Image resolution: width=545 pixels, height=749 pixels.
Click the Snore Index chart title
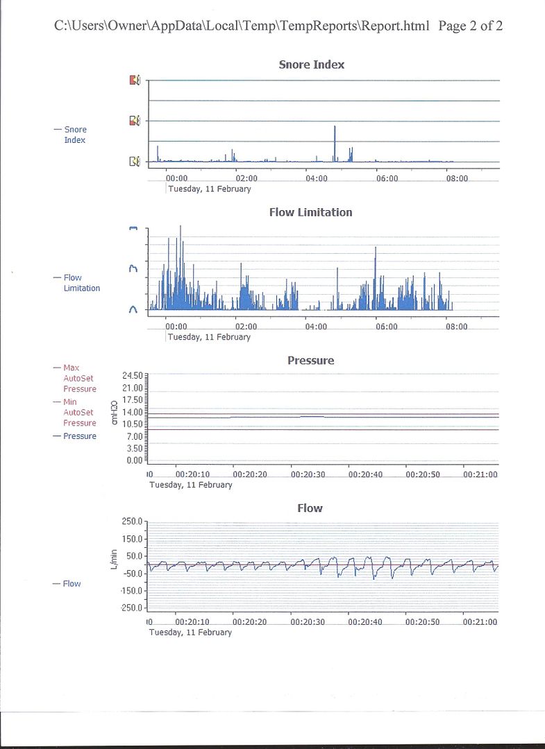coord(311,64)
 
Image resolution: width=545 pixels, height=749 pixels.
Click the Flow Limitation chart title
coord(310,212)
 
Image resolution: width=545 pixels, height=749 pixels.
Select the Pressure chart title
coord(310,361)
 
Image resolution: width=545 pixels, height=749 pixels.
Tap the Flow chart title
coord(310,508)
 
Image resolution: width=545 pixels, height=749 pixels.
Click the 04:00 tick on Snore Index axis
coord(317,178)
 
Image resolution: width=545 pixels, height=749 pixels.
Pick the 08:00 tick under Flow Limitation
coord(455,327)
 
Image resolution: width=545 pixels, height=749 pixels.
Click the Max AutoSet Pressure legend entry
coord(80,378)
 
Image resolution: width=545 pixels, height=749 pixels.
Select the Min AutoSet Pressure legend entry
coord(80,412)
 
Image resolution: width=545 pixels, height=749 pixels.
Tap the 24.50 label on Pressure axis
coord(132,375)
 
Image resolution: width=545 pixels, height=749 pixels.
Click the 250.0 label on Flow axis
coord(131,522)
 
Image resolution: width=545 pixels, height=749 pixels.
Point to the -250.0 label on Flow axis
coord(130,608)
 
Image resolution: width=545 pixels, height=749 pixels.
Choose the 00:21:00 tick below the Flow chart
coord(480,622)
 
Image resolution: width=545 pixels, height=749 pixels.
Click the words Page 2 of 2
coord(471,26)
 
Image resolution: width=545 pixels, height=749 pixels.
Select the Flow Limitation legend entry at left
coord(81,283)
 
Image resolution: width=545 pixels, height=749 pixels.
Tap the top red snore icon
coord(135,80)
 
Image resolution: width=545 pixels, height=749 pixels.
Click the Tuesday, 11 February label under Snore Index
coord(209,189)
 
